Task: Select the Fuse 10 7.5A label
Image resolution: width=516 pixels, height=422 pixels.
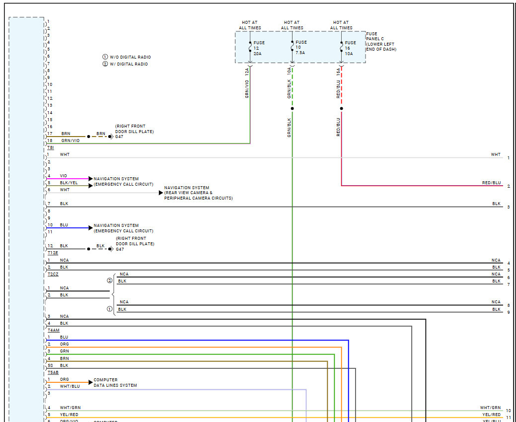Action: tap(301, 48)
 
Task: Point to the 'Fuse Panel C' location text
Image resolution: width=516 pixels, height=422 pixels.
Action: tap(381, 42)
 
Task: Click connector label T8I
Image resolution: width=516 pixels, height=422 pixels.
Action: tap(51, 148)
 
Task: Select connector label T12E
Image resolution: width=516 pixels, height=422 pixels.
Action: tap(53, 253)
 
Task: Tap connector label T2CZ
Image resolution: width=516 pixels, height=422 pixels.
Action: tap(53, 274)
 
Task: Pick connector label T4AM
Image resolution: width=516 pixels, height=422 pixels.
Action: tap(53, 330)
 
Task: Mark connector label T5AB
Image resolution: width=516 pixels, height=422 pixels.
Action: tap(53, 372)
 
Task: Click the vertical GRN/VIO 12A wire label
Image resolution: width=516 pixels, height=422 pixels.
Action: tap(247, 82)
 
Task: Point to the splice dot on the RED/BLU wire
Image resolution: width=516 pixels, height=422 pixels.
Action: tap(342, 108)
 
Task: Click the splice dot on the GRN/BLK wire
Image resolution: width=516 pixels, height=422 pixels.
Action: tap(292, 108)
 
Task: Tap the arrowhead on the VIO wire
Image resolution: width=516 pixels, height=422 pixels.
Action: tap(90, 179)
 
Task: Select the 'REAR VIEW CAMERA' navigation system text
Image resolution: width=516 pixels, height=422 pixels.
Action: tap(198, 193)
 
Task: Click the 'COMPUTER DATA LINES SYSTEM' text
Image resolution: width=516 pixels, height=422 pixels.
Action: tap(115, 383)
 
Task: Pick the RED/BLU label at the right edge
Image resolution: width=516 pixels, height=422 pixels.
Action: tap(491, 183)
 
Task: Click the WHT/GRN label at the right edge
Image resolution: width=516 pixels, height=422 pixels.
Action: tap(490, 408)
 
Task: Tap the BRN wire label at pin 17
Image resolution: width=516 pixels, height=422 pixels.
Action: tap(66, 134)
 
